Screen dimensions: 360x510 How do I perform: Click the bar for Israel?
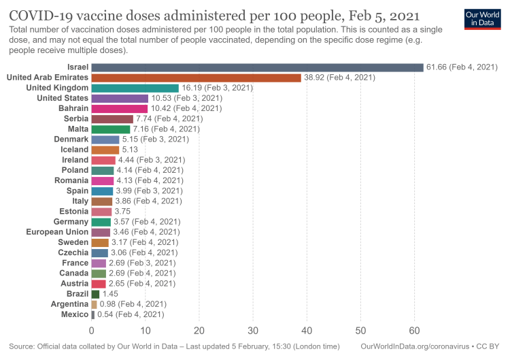click(x=257, y=67)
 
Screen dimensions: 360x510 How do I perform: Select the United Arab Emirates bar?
click(x=196, y=78)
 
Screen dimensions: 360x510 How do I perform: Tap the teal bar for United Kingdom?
click(x=135, y=88)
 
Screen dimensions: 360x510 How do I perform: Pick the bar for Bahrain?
click(x=119, y=108)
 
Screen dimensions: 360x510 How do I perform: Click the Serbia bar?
click(x=112, y=118)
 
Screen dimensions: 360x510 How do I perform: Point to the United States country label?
click(x=63, y=98)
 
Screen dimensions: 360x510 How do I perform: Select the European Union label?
click(x=57, y=232)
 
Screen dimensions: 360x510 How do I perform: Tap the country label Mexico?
click(x=75, y=314)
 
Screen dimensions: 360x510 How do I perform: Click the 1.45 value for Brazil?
click(x=110, y=294)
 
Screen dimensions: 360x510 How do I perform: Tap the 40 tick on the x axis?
click(x=307, y=331)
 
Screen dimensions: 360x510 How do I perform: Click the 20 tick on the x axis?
click(x=199, y=331)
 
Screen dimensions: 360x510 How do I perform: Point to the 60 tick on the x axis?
click(x=414, y=331)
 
